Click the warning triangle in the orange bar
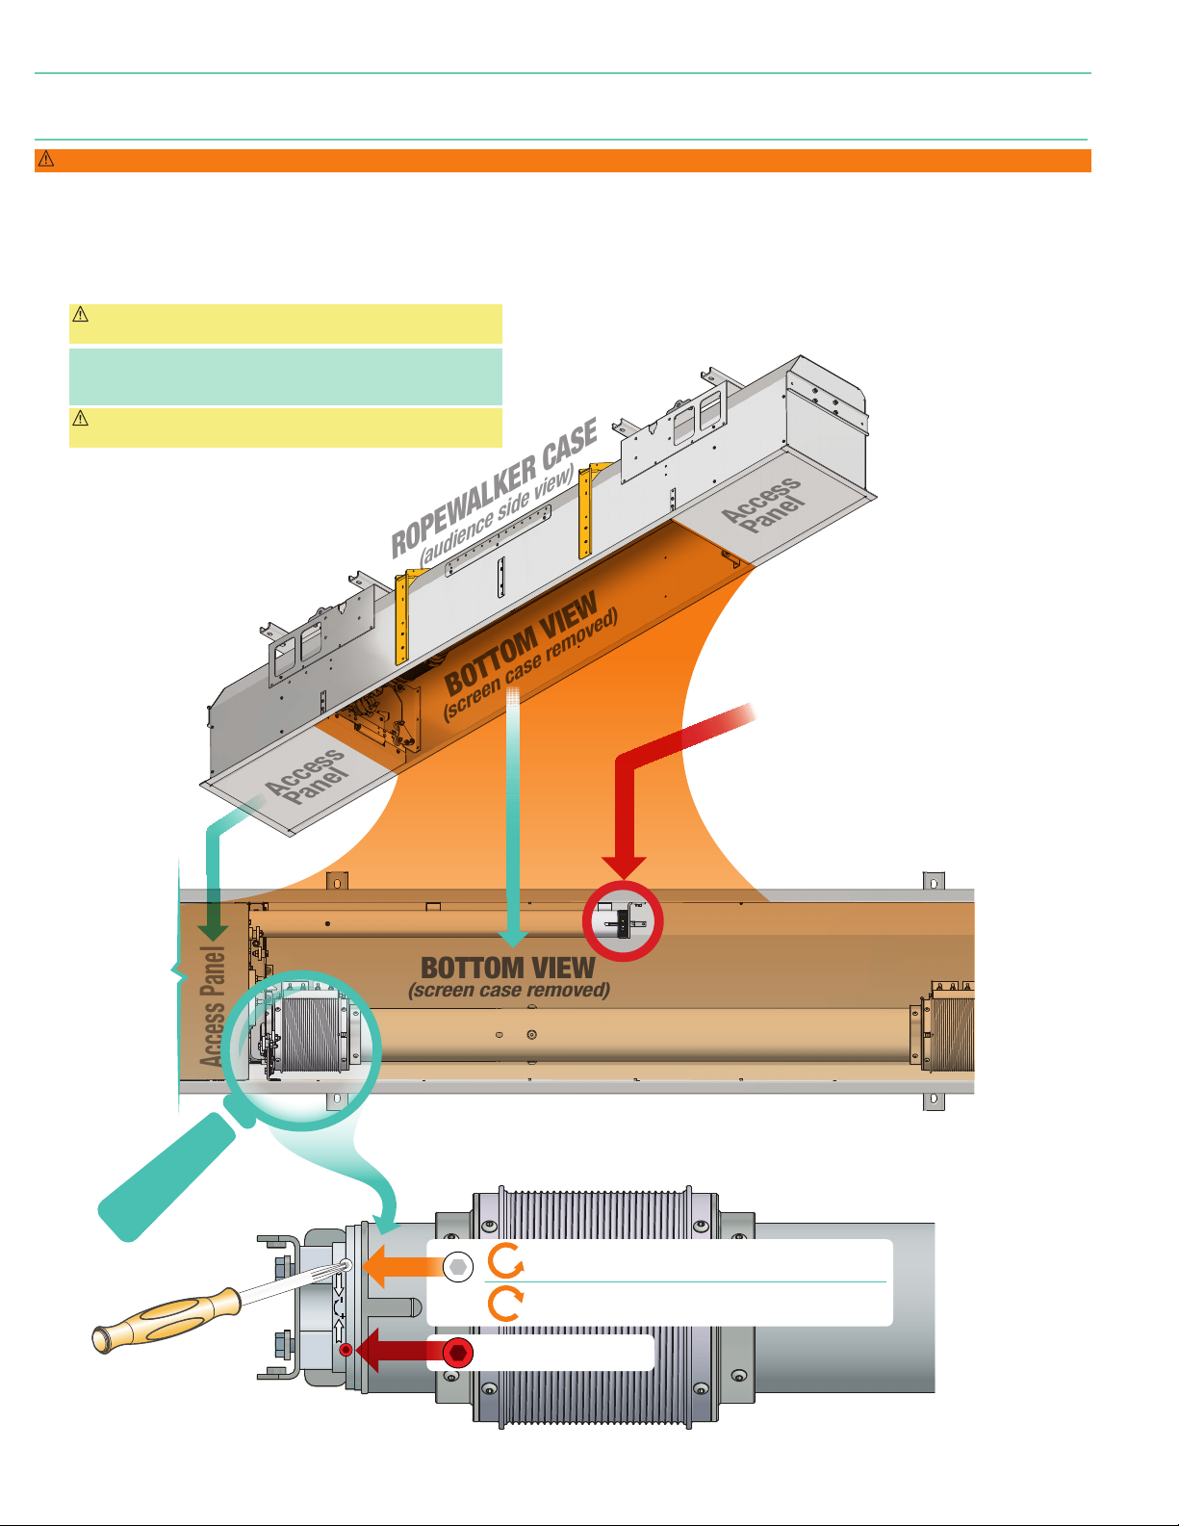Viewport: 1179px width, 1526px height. coord(45,160)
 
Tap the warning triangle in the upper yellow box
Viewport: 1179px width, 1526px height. coord(81,314)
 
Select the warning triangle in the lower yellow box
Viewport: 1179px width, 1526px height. coord(81,418)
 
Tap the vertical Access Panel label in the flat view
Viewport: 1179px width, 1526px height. coord(213,1006)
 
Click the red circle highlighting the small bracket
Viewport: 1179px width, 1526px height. coord(623,922)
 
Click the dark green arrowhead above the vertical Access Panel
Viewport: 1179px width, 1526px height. coord(213,931)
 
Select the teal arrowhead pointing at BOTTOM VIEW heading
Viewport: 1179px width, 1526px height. coord(513,936)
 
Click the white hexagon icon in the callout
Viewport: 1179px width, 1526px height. coord(459,1266)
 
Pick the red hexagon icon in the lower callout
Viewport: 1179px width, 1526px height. coord(459,1353)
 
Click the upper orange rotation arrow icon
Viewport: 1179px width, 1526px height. coord(505,1260)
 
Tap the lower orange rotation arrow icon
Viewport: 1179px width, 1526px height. coord(505,1305)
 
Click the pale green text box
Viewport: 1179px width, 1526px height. coord(286,376)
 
